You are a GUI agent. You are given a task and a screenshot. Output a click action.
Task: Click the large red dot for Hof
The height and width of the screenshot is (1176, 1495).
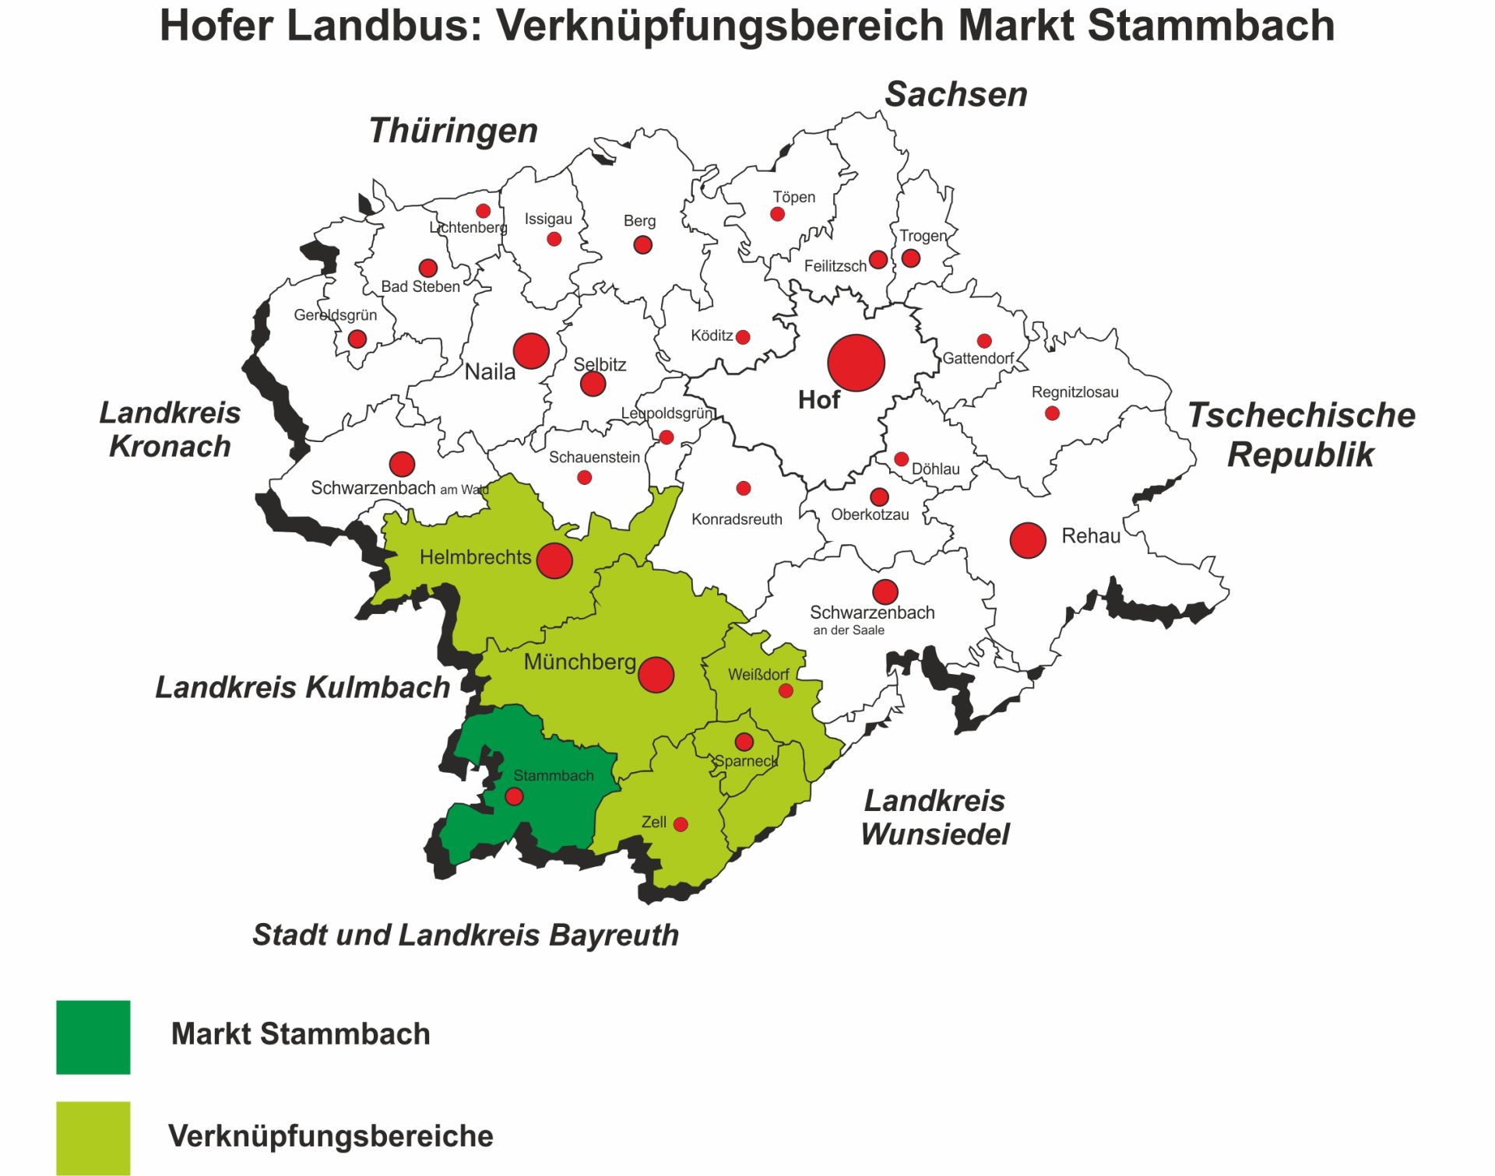coord(856,363)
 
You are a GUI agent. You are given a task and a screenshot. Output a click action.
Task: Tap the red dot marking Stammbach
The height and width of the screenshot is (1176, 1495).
coord(514,796)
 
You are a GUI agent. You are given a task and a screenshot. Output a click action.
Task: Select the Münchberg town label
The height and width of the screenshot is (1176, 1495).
coord(579,662)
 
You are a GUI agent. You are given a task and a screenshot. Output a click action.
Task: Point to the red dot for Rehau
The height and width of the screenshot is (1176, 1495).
coord(1027,540)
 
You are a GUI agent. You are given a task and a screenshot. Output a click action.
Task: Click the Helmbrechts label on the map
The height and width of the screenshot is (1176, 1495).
coord(475,557)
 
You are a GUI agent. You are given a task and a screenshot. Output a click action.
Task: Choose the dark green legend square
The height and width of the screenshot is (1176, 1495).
coord(93,1037)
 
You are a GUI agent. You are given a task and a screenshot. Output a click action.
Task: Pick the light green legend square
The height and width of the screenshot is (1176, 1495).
coord(93,1137)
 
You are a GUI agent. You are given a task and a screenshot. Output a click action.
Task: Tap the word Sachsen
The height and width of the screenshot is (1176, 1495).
coord(956,94)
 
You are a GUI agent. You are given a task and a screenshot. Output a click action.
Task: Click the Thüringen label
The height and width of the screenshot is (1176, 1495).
coord(453,130)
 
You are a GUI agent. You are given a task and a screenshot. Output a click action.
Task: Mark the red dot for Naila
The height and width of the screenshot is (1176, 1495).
coord(531,351)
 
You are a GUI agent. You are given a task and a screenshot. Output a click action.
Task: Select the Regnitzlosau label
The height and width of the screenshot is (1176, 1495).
coord(1075,392)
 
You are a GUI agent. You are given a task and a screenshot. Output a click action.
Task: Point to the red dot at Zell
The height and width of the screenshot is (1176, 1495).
coord(681,824)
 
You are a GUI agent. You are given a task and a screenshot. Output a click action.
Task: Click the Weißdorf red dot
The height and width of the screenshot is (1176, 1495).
coord(786,690)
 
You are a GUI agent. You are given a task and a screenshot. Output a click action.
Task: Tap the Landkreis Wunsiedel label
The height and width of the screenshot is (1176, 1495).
coord(935,817)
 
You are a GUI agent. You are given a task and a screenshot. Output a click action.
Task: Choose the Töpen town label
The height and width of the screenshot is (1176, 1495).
coord(793,197)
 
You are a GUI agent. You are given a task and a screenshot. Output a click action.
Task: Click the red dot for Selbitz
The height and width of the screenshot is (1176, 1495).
coord(593,384)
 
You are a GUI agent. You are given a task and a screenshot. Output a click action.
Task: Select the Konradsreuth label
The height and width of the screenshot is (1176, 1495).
coord(737,519)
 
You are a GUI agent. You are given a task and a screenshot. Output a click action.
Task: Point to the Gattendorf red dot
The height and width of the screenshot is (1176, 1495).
coord(984,341)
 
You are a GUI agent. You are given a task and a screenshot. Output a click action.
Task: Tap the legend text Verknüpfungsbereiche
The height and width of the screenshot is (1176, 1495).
coord(331,1136)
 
